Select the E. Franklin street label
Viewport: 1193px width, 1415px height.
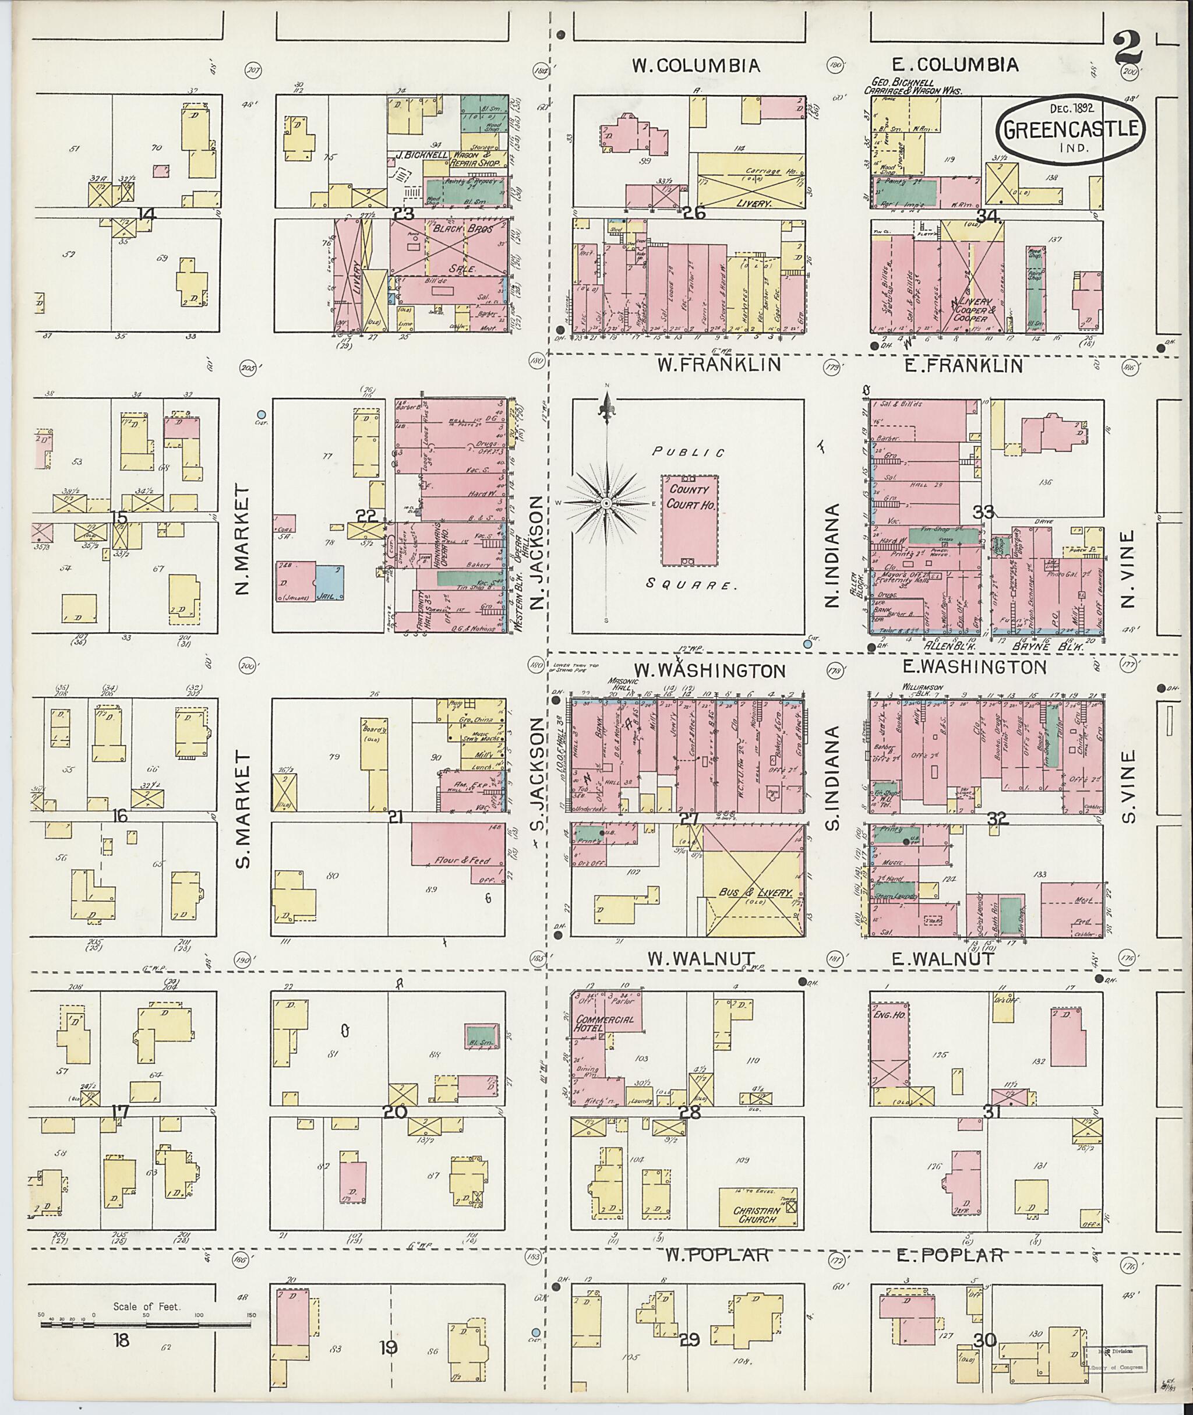coord(956,366)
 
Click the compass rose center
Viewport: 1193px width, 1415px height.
coord(606,504)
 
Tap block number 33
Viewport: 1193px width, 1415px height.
coord(983,513)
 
